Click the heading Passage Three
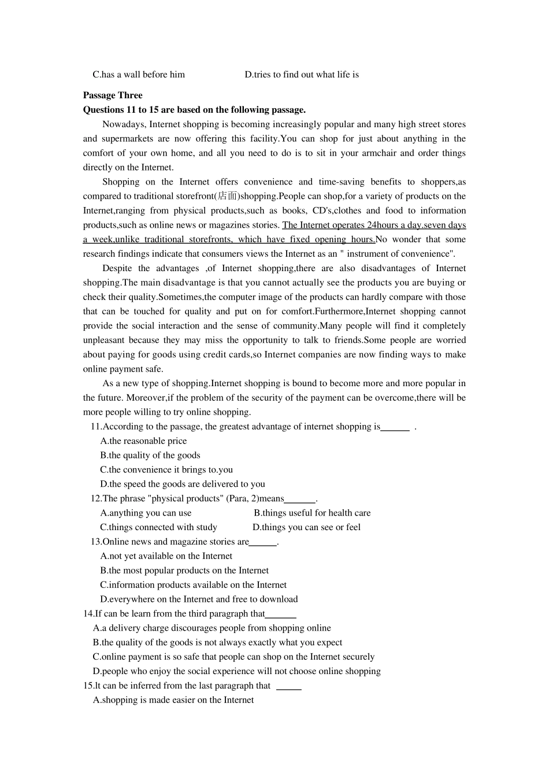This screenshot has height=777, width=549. [x=113, y=95]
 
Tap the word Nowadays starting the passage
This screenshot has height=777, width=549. [x=120, y=124]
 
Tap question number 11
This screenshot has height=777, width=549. [x=96, y=427]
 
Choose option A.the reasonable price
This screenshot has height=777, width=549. [x=143, y=441]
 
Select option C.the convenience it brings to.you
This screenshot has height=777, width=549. [x=166, y=470]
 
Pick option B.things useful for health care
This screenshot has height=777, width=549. [x=312, y=513]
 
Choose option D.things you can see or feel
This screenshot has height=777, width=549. [x=306, y=527]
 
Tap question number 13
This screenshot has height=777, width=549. [x=96, y=542]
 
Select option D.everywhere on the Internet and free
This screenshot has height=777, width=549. [x=199, y=600]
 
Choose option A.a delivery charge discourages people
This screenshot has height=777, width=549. [x=212, y=628]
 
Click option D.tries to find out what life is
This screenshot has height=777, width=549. [x=302, y=75]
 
